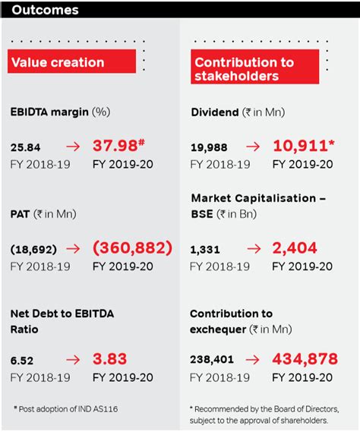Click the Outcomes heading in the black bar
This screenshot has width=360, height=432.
pos(46,11)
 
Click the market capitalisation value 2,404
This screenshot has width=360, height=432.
pos(295,248)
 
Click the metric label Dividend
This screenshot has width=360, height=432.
pos(216,112)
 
